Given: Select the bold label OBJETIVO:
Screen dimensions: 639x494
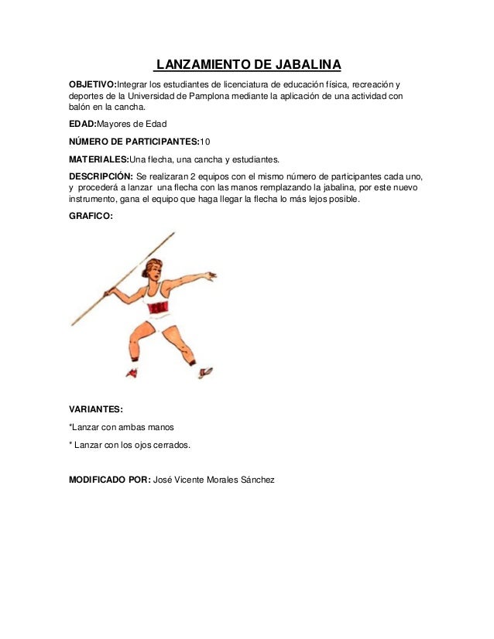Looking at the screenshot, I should click(x=92, y=84).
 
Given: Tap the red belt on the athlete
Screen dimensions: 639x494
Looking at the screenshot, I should click(x=159, y=308).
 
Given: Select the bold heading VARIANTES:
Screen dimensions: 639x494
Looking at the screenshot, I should click(x=96, y=409).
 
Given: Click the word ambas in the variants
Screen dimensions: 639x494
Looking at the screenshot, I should click(x=132, y=427).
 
